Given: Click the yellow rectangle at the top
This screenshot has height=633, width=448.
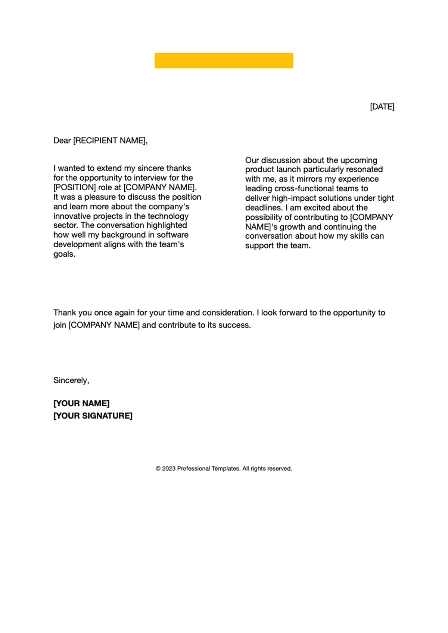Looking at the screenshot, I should [224, 60].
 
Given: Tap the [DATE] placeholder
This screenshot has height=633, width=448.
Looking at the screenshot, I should [382, 107].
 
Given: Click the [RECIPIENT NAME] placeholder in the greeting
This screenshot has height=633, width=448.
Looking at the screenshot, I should [109, 141].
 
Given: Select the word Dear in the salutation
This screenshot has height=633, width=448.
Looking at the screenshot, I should [62, 141].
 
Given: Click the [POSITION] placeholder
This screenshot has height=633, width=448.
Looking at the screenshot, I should [74, 187].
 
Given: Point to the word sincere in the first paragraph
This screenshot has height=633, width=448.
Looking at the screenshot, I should [151, 168].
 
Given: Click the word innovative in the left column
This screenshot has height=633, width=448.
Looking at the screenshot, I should [72, 216].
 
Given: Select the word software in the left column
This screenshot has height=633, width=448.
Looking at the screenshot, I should [172, 235].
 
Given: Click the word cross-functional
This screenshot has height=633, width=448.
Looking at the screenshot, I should [304, 189].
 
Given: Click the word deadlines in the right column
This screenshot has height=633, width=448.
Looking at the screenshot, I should [263, 208].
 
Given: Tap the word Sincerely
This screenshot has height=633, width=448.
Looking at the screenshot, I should [71, 380].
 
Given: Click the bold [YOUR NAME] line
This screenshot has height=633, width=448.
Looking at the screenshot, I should [81, 403].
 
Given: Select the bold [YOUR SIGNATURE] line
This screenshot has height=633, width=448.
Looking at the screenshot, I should [93, 416].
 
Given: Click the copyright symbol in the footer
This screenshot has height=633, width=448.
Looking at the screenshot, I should [158, 469].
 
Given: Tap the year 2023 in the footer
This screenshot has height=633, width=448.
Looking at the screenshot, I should [168, 469].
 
